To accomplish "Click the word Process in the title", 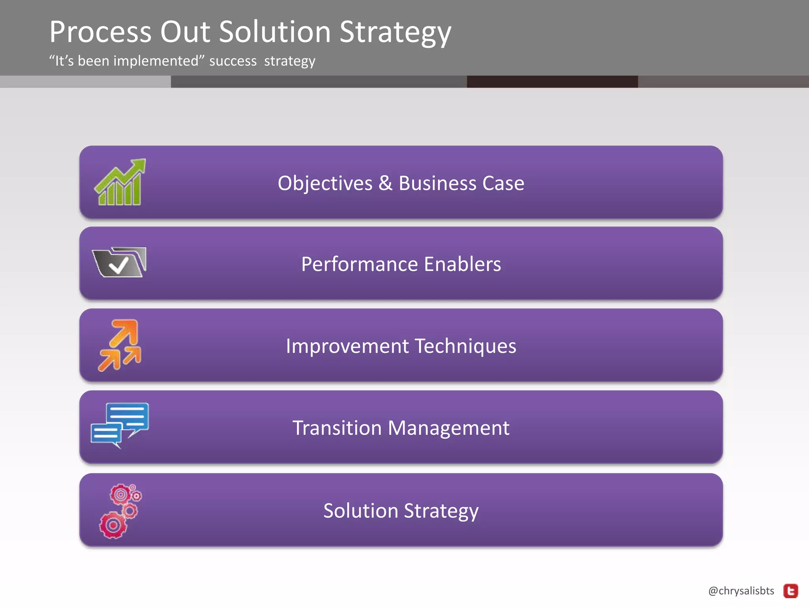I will click(100, 32).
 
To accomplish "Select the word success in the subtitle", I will click(233, 61).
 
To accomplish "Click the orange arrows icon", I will click(120, 345).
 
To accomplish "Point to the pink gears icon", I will click(120, 511).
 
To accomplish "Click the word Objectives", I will click(325, 183).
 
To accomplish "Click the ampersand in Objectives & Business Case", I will click(385, 183).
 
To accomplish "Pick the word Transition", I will click(337, 428).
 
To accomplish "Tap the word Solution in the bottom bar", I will click(360, 511).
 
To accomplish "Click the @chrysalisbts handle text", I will click(741, 591).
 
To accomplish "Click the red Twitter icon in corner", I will click(790, 591).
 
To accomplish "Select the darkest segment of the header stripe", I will click(552, 82).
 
